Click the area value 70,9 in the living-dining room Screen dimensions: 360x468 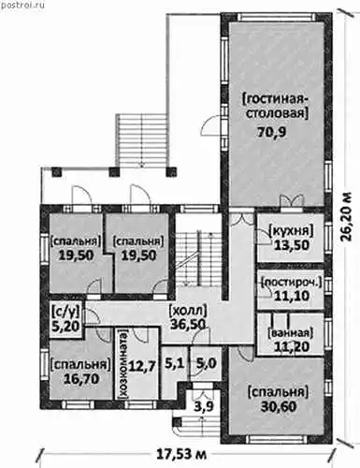point(271,132)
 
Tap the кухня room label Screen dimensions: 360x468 point(291,231)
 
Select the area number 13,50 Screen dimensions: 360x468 point(292,245)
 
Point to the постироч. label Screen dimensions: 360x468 point(291,283)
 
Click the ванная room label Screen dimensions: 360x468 point(290,333)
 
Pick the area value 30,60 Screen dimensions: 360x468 point(279,406)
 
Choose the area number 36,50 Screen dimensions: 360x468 point(188,324)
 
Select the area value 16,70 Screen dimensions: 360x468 point(81,379)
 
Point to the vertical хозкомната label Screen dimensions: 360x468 point(123,365)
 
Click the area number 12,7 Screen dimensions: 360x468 point(143,364)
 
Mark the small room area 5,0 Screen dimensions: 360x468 point(207,363)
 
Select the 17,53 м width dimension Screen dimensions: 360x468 point(181,454)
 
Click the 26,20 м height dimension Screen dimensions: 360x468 point(347,217)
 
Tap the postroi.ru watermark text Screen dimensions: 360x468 point(22,5)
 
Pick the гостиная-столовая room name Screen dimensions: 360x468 point(275,106)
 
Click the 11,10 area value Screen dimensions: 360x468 point(292,295)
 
